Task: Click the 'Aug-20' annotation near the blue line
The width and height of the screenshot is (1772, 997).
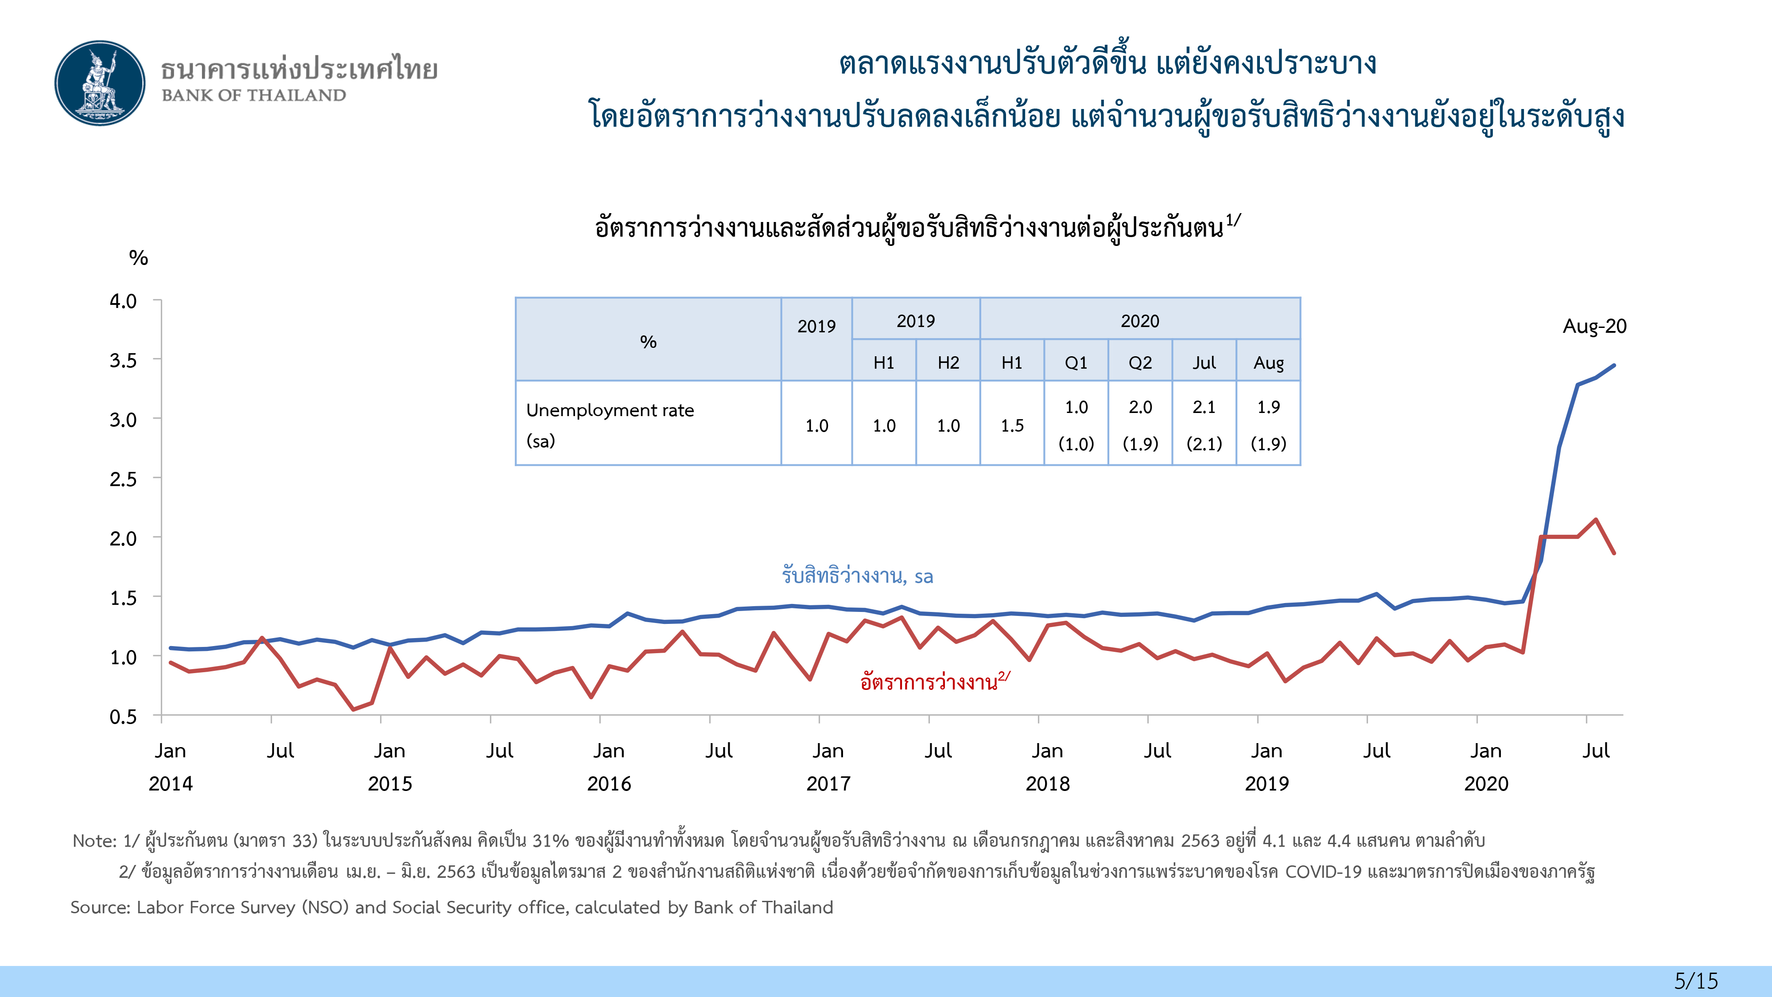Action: click(1594, 326)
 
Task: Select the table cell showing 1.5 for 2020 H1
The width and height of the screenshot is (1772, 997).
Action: click(1012, 426)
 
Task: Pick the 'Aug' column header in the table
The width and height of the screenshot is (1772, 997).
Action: click(1268, 362)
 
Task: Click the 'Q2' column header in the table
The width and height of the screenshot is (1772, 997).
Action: click(1140, 362)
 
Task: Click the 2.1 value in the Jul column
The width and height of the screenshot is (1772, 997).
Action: click(1204, 407)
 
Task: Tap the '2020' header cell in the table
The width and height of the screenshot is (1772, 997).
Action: click(1140, 321)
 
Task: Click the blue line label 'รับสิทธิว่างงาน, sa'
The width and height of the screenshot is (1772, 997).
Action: click(857, 576)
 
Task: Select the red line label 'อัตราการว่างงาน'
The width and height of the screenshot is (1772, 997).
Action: click(929, 682)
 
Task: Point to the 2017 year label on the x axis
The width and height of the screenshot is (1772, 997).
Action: click(828, 784)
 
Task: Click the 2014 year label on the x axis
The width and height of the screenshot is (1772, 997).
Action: click(171, 784)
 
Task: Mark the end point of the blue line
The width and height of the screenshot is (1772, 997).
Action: click(1614, 366)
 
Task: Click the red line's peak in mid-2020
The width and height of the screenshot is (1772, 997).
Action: click(1596, 519)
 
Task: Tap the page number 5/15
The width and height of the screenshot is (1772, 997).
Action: click(1696, 981)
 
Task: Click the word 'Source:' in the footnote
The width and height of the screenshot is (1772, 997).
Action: click(101, 907)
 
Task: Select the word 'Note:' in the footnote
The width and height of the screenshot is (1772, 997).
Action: click(95, 841)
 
